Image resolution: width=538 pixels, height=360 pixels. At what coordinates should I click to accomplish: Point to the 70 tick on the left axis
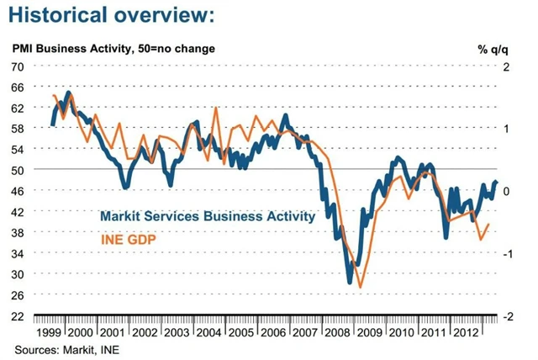pos(18,66)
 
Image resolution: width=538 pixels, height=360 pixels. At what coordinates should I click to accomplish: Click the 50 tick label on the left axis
pos(18,170)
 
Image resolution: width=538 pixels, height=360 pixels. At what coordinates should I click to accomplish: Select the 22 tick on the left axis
pos(18,316)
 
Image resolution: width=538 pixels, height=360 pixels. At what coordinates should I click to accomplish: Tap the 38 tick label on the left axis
pos(18,232)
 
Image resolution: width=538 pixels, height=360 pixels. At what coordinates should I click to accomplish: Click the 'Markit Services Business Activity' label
pos(207,216)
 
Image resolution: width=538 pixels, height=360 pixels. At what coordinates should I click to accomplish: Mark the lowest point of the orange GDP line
pos(361,288)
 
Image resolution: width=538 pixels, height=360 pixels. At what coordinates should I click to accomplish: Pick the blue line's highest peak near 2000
pos(68,92)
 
